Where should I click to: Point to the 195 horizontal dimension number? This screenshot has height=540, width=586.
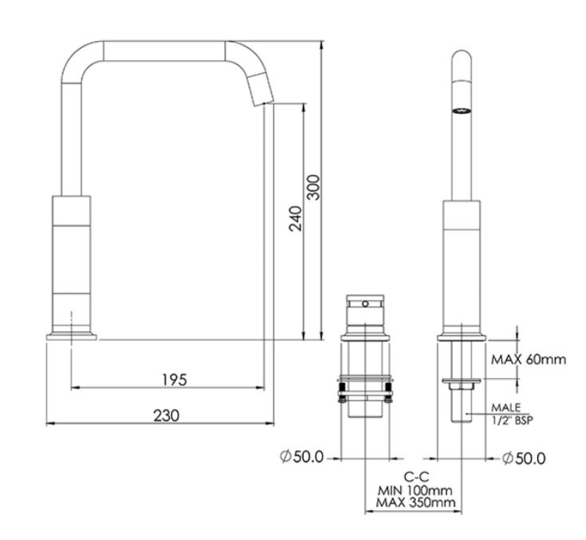(x=174, y=380)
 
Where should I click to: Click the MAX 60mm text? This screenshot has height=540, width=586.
(x=529, y=359)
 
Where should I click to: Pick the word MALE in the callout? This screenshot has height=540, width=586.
(x=505, y=407)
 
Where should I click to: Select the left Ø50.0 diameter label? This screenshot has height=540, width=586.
(x=302, y=457)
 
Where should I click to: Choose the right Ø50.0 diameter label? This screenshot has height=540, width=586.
(x=523, y=458)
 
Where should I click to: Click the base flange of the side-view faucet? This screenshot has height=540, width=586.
(x=71, y=336)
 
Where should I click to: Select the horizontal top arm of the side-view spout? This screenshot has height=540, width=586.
(x=164, y=50)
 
